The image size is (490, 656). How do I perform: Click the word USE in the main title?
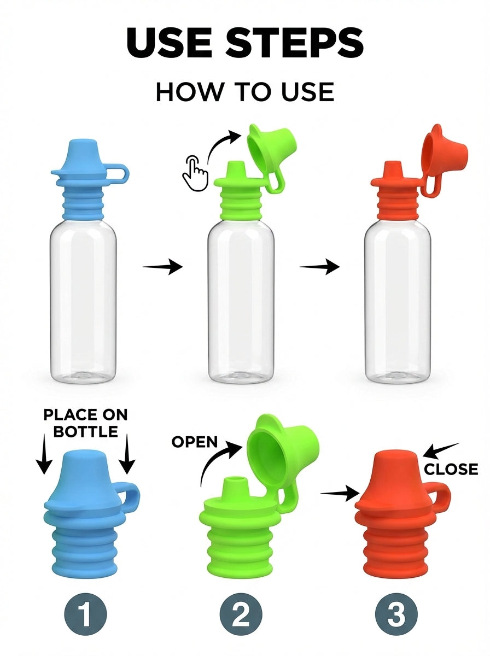(x=164, y=43)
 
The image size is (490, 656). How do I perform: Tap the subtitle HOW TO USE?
(x=244, y=91)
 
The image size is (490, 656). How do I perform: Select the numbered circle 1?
(x=85, y=614)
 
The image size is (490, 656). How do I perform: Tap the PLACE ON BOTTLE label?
(x=85, y=423)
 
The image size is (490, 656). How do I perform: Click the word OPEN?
(x=195, y=442)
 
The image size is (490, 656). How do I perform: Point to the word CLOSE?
(x=451, y=469)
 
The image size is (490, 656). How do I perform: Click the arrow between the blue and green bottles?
(x=162, y=267)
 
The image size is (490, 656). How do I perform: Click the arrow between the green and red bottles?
(x=320, y=267)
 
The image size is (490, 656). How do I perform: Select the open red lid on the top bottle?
(x=444, y=148)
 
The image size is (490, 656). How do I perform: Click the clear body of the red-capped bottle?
(x=398, y=301)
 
